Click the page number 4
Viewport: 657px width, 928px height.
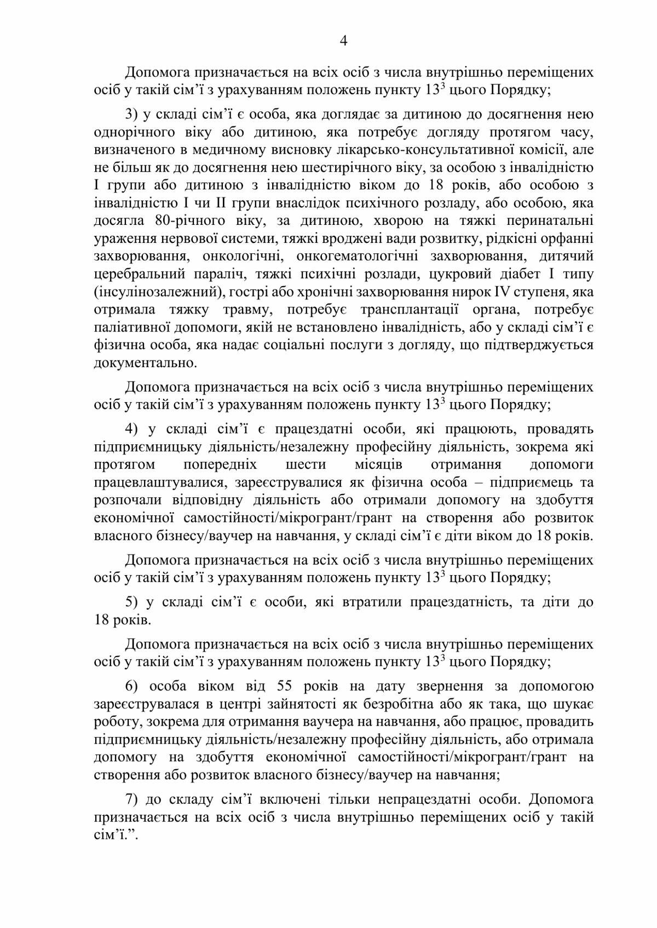tap(344, 41)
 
